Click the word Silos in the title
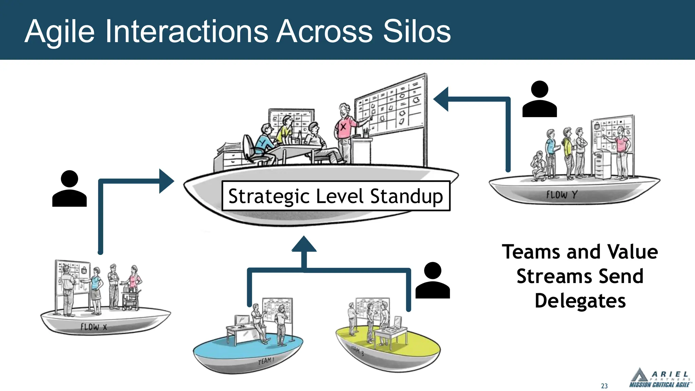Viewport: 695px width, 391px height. [x=417, y=31]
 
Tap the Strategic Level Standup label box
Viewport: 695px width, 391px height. [x=336, y=196]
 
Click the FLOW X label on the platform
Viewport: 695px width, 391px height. [x=94, y=327]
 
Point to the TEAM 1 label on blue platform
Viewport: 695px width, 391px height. [x=266, y=360]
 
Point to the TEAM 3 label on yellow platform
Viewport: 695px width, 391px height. [x=357, y=351]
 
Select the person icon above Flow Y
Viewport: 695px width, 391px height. [x=539, y=99]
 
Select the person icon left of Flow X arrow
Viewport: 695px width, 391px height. [x=70, y=189]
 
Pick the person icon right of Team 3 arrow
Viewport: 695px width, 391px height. [x=432, y=281]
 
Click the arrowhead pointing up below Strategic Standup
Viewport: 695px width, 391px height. [x=304, y=244]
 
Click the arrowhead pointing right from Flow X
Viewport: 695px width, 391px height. [x=166, y=181]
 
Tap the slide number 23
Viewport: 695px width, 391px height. [x=604, y=386]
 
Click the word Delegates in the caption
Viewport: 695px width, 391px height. [x=580, y=301]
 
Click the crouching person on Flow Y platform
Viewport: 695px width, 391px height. [x=539, y=166]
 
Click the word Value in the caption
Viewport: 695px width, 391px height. [x=633, y=252]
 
